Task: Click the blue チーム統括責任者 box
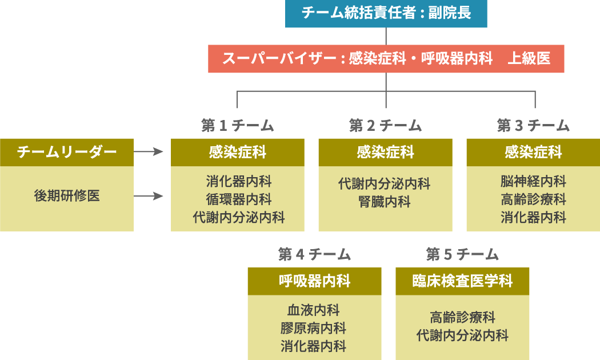[x=386, y=13]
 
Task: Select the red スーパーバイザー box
[x=386, y=58]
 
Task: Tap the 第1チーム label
[x=238, y=125]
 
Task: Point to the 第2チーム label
[x=386, y=125]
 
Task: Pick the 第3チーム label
[x=534, y=125]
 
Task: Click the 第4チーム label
[x=315, y=254]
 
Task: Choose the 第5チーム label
[x=463, y=254]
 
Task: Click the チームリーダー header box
[x=67, y=152]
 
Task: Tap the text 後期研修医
[x=67, y=196]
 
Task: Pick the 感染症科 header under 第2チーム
[x=386, y=152]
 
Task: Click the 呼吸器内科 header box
[x=315, y=281]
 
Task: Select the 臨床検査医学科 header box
[x=463, y=281]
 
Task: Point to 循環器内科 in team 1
[x=239, y=199]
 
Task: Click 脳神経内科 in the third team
[x=534, y=182]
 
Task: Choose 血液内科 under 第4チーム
[x=314, y=310]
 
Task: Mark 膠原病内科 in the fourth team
[x=314, y=328]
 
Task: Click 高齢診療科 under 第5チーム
[x=462, y=317]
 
